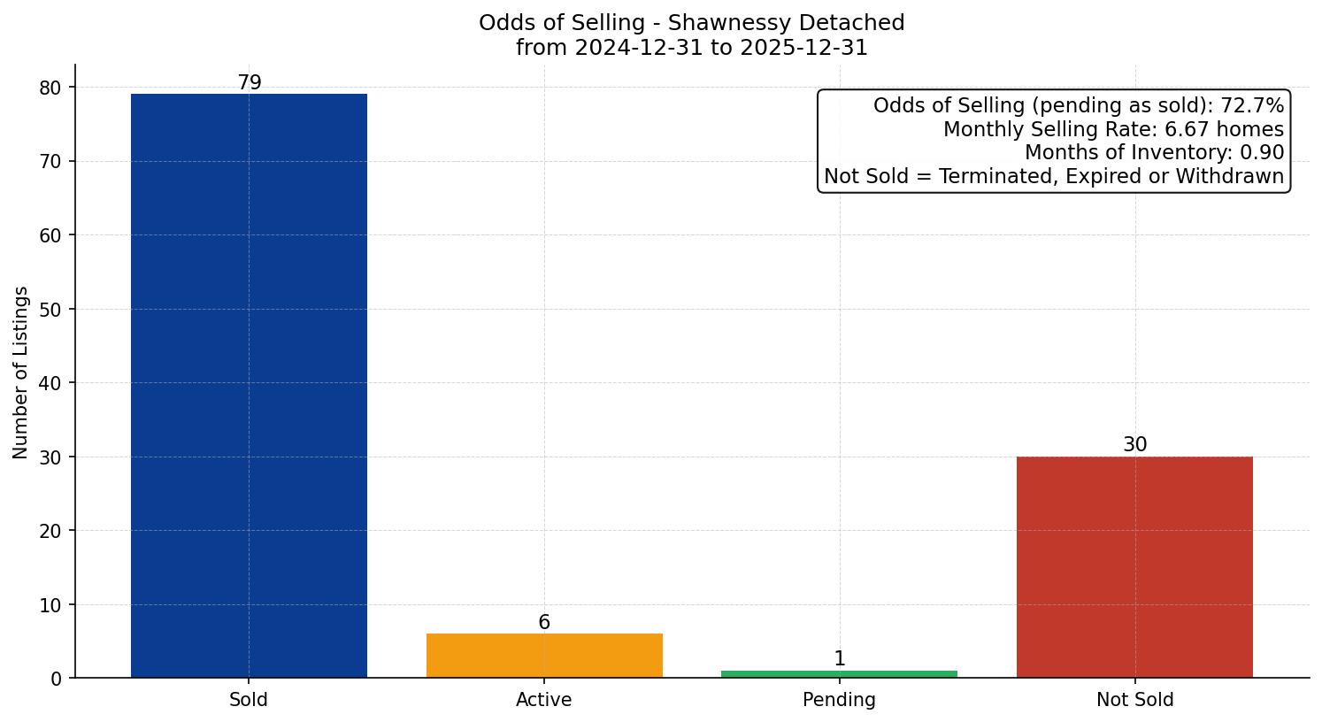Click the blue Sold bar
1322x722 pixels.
249,386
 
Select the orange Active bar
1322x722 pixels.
544,656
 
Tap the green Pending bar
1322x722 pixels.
839,674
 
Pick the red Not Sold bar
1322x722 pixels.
1134,567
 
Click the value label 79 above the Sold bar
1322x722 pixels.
250,83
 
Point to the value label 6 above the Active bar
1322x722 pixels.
544,623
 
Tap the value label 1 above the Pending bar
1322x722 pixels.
839,659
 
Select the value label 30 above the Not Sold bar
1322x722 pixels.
1134,445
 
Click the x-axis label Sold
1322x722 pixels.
249,700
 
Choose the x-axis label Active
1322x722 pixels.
544,700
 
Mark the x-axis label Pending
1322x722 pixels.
839,700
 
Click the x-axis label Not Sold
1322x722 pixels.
1134,700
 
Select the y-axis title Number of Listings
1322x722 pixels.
21,372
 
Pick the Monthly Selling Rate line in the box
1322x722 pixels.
1113,129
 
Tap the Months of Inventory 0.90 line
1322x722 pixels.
1154,152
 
